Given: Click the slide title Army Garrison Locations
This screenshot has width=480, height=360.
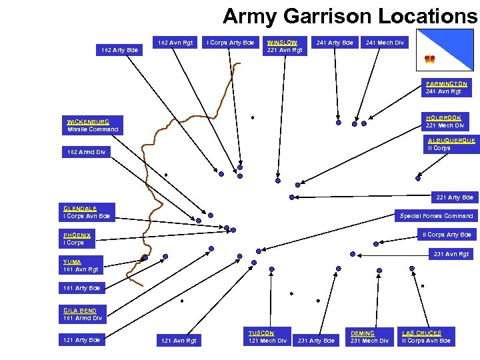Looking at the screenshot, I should (x=350, y=15).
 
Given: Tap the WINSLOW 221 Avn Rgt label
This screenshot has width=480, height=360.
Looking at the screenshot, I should (x=285, y=46).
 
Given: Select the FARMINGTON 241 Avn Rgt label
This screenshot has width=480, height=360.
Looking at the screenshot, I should (x=447, y=88).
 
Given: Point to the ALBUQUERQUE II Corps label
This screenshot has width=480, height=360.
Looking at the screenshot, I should (x=451, y=145).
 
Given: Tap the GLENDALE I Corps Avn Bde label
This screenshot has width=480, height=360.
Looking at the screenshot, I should (x=87, y=213).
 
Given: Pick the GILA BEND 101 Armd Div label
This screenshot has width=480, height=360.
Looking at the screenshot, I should (x=83, y=315).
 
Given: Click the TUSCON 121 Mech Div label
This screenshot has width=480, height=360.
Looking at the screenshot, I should (x=267, y=337).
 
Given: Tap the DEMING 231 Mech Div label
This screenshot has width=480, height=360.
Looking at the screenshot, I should (x=369, y=337).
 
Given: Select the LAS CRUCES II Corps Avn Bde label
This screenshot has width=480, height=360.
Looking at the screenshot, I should (x=426, y=337).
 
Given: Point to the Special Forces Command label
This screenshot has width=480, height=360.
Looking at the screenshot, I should (x=436, y=216).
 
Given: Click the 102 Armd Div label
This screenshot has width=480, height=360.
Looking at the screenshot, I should (x=87, y=153).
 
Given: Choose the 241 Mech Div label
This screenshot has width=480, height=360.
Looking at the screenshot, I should (x=385, y=43).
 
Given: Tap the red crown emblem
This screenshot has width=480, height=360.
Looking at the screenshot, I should (x=430, y=60).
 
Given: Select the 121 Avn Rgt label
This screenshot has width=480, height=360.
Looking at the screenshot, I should (x=178, y=341).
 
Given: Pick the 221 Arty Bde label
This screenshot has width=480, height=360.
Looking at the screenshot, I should (x=455, y=197).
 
